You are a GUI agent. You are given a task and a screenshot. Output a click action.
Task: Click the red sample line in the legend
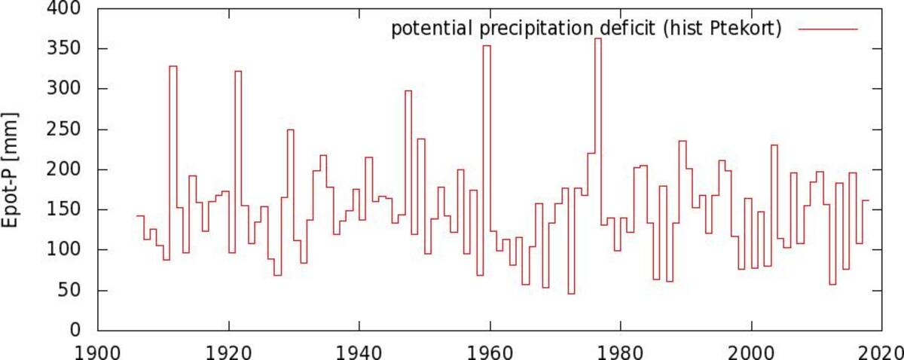(828, 29)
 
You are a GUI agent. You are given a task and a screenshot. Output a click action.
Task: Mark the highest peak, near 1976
(598, 38)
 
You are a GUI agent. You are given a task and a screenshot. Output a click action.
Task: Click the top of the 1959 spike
(487, 46)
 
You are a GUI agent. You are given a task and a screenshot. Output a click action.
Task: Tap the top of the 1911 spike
(173, 66)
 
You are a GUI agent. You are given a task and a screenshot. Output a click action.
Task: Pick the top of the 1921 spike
(239, 71)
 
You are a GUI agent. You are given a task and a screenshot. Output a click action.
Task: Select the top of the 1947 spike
(408, 91)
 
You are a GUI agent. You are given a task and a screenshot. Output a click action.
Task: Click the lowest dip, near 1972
(572, 294)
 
